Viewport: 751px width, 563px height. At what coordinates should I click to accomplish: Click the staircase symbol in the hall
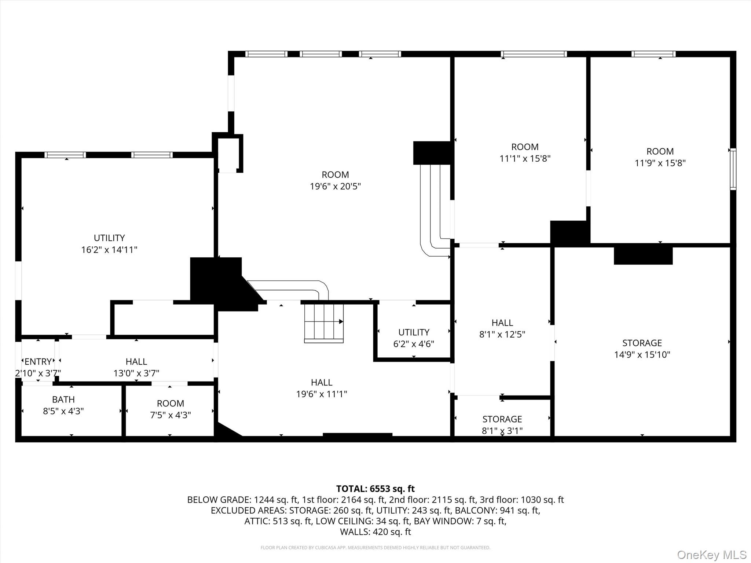(x=324, y=322)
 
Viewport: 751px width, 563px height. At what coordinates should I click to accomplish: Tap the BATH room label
(x=63, y=400)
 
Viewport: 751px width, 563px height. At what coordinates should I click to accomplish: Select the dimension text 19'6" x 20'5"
(x=335, y=186)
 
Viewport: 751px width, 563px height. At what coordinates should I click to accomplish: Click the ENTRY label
(x=38, y=362)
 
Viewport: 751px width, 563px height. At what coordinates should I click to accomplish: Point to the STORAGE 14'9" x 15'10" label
(x=642, y=349)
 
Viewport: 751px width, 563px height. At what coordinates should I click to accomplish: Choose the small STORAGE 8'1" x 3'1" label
(x=502, y=424)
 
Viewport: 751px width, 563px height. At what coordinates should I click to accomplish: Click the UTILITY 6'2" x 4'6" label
(x=414, y=338)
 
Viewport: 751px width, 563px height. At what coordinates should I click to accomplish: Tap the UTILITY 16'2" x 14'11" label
(x=109, y=244)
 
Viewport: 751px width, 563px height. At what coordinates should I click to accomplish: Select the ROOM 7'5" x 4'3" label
(x=171, y=409)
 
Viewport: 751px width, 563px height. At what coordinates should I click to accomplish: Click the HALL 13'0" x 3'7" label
(x=136, y=367)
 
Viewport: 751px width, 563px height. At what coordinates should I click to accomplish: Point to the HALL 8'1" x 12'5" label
(x=502, y=328)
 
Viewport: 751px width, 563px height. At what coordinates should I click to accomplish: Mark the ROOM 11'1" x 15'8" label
(x=525, y=152)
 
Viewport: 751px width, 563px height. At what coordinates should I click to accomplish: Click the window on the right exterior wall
(x=733, y=169)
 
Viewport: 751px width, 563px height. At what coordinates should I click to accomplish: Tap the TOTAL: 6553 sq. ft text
(x=375, y=489)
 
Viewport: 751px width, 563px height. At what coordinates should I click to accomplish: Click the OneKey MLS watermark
(x=712, y=555)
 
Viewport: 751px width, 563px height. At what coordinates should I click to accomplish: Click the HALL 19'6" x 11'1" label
(x=322, y=388)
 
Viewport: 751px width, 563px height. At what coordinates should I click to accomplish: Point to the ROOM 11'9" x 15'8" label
(x=660, y=157)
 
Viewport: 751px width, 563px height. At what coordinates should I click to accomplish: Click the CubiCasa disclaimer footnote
(x=375, y=548)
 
